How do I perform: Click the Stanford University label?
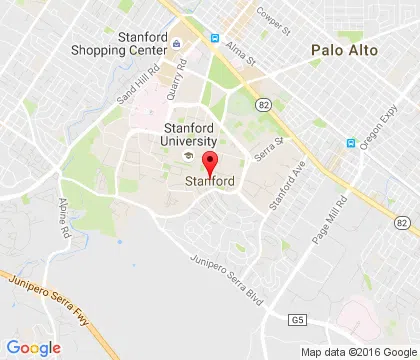pyautogui.click(x=189, y=134)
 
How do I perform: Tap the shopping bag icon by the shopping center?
pyautogui.click(x=177, y=43)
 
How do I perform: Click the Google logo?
pyautogui.click(x=34, y=347)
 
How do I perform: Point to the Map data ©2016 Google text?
pyautogui.click(x=357, y=351)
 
